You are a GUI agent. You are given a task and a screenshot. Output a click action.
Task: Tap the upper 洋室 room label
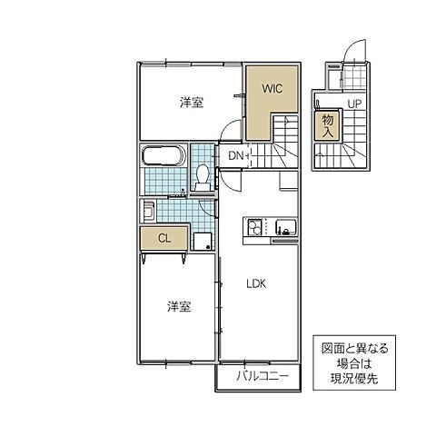191,103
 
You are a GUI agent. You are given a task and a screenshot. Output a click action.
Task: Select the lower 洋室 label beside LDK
179,307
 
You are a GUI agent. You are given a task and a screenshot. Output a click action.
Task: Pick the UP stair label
354,103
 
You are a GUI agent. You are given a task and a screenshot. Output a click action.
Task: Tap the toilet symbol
203,175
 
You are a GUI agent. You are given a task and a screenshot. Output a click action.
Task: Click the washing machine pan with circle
203,241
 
